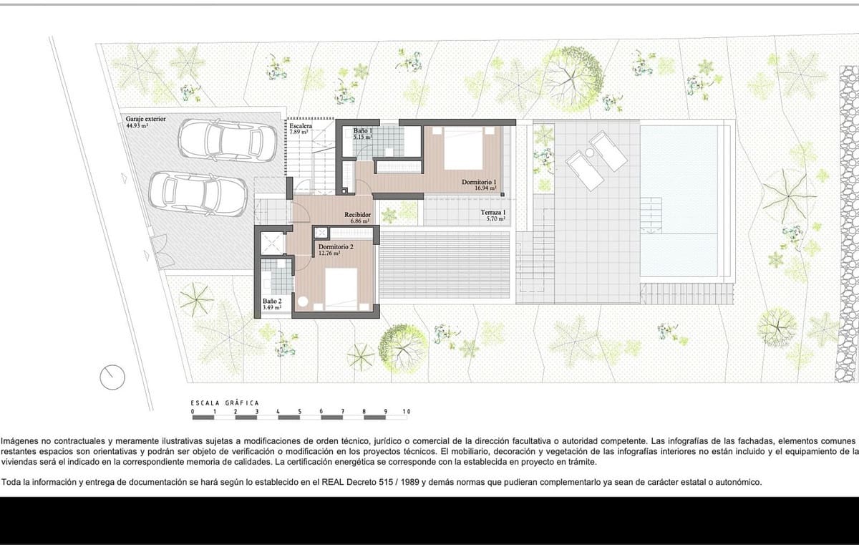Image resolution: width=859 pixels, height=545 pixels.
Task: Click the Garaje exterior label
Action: click(x=145, y=119)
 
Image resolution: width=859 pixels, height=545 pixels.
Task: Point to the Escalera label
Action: click(x=300, y=125)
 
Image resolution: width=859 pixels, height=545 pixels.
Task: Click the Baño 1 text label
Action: click(x=363, y=131)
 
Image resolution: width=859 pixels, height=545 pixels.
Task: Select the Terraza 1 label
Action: click(x=493, y=213)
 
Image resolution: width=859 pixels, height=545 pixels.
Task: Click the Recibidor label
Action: click(x=356, y=214)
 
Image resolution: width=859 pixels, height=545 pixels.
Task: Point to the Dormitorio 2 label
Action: click(x=336, y=246)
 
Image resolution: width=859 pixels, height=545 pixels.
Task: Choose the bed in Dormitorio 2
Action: click(x=340, y=288)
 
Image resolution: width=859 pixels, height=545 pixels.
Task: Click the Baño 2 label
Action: click(x=272, y=302)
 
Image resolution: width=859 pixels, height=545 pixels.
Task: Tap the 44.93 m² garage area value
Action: click(x=137, y=125)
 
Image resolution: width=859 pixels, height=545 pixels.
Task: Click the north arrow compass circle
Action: click(x=112, y=375)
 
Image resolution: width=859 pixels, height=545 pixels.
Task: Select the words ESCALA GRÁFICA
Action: click(x=224, y=402)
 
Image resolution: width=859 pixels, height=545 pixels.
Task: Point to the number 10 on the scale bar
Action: click(x=406, y=412)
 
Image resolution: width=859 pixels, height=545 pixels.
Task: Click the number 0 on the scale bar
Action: click(x=193, y=412)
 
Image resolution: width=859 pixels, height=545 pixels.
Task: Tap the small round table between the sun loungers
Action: click(x=591, y=153)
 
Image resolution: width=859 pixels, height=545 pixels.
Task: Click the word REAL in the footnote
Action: click(x=326, y=482)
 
